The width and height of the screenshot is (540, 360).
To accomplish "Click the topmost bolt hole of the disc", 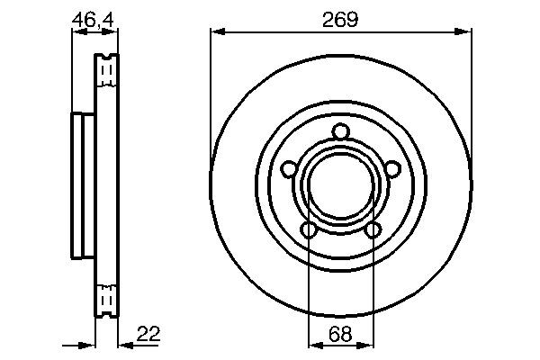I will (x=340, y=134).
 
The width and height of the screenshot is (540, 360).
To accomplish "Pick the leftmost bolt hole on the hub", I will (x=288, y=168).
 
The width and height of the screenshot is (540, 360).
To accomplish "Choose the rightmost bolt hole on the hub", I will (x=392, y=168).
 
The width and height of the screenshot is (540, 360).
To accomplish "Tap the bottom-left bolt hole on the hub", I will (x=309, y=230).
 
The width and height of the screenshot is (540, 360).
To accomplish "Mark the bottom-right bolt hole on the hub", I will (x=372, y=230).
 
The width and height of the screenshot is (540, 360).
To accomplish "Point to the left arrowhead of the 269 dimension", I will (x=216, y=32).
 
